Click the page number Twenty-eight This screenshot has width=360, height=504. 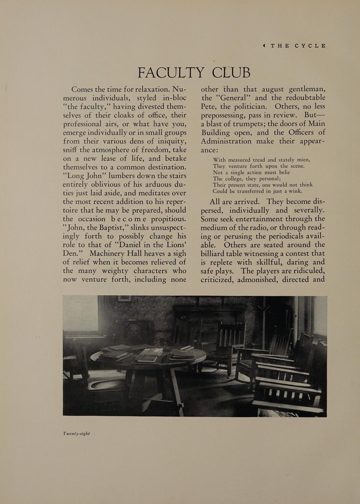click(x=76, y=433)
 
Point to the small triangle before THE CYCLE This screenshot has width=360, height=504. click(x=264, y=46)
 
